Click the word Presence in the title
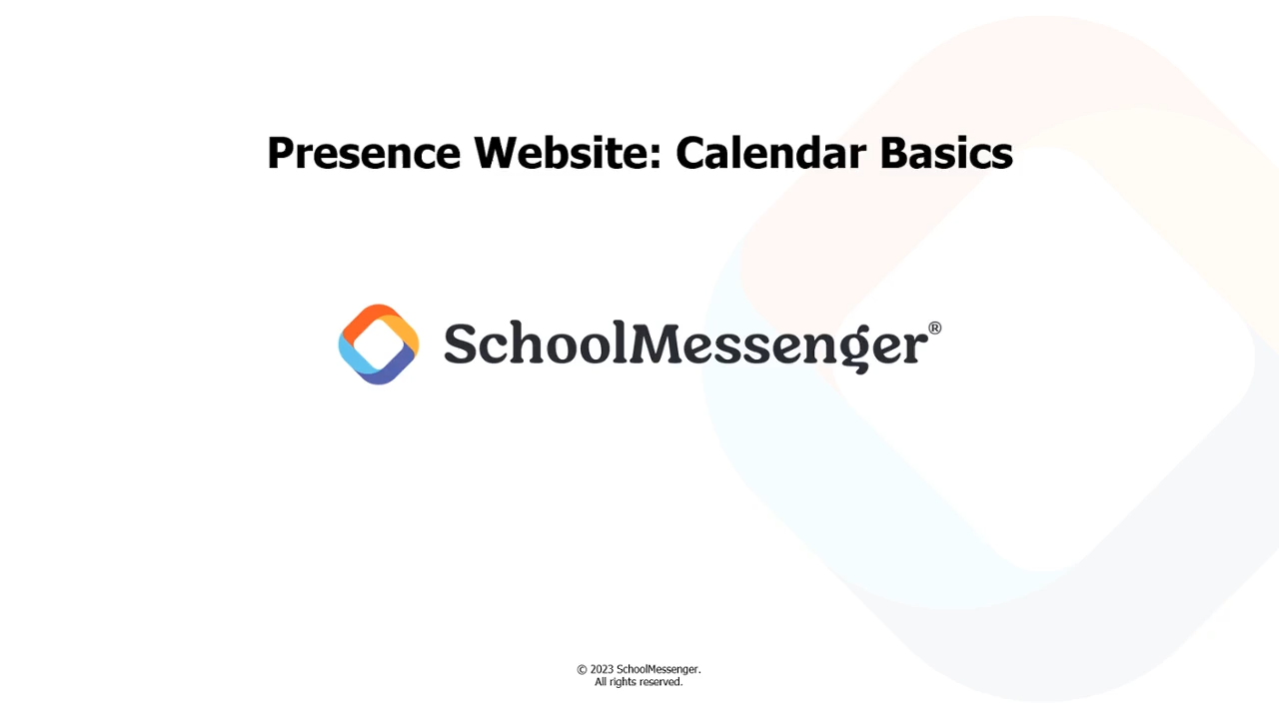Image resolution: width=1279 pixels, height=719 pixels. [x=364, y=154]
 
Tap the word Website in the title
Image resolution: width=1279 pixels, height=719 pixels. [x=562, y=153]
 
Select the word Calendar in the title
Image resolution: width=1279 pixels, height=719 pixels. [x=770, y=153]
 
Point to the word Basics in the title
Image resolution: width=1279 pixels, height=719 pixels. [x=946, y=153]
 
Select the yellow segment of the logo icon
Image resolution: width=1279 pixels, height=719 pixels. [x=403, y=331]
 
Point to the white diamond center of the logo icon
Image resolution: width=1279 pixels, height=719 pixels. [x=379, y=345]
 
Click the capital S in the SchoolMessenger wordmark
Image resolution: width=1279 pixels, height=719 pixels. [x=460, y=343]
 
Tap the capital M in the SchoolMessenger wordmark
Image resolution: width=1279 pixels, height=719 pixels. [x=656, y=343]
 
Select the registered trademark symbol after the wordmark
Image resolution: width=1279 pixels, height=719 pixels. [x=934, y=329]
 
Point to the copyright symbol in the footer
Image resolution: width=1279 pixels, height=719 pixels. [x=582, y=670]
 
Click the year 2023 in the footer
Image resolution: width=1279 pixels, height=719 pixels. [x=602, y=669]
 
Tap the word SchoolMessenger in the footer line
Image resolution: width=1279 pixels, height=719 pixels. [x=657, y=670]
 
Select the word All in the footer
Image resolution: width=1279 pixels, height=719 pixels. [x=601, y=682]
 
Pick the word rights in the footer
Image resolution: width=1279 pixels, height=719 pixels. [x=624, y=682]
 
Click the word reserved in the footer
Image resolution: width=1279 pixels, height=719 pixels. [x=659, y=682]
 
